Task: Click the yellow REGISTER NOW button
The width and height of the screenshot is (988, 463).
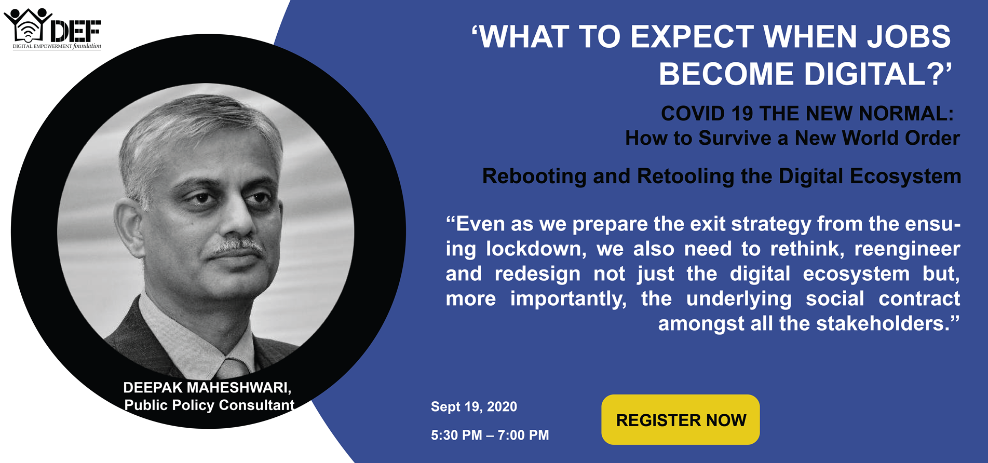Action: pyautogui.click(x=680, y=419)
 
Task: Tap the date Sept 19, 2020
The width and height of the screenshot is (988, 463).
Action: pyautogui.click(x=474, y=407)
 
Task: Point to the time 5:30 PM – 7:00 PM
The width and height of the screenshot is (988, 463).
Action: pyautogui.click(x=490, y=435)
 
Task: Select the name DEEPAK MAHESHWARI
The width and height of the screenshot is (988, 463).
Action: pyautogui.click(x=207, y=388)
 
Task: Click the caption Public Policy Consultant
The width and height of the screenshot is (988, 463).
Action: pyautogui.click(x=209, y=405)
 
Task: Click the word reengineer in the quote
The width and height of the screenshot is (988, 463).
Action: pyautogui.click(x=907, y=249)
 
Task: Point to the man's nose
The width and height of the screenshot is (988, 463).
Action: pyautogui.click(x=236, y=221)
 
